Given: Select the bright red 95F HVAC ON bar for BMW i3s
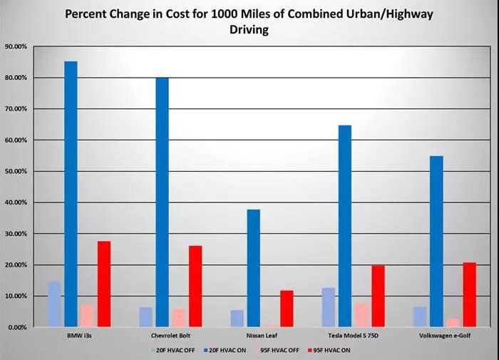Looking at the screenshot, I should tap(104, 284).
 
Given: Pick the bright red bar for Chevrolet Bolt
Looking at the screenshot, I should tap(195, 286).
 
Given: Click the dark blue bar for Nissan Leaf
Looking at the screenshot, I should tap(253, 268).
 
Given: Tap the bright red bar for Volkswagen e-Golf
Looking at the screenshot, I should tap(469, 294).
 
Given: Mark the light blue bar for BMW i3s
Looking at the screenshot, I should tap(54, 304).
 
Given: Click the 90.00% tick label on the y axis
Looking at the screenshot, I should tap(16, 46).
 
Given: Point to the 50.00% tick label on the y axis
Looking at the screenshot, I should tap(16, 171).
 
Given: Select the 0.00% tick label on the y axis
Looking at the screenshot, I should tap(18, 327).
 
